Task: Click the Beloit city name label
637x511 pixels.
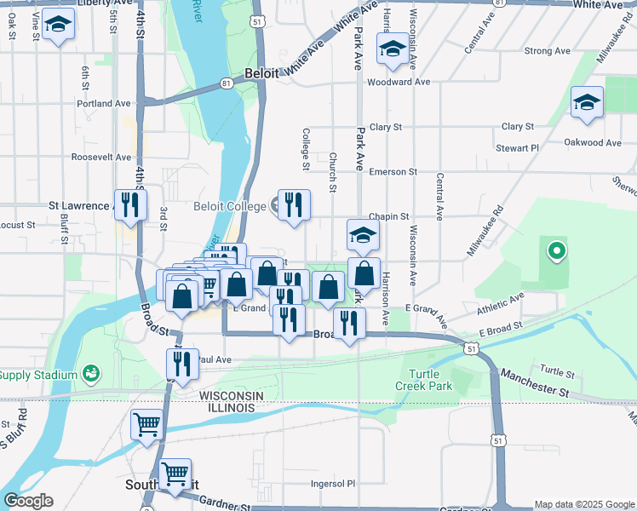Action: click(261, 74)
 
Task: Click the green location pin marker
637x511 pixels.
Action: click(556, 250)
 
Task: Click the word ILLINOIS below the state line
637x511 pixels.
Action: click(227, 409)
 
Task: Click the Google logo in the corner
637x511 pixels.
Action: click(28, 501)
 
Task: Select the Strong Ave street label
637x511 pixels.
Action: click(548, 51)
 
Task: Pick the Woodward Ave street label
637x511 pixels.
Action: click(399, 83)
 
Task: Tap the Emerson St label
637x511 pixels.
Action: click(393, 171)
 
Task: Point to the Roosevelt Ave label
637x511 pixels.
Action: click(101, 158)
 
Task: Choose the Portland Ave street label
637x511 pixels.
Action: click(103, 104)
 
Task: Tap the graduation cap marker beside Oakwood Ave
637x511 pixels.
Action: click(587, 104)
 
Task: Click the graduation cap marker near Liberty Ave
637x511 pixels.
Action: click(58, 26)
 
